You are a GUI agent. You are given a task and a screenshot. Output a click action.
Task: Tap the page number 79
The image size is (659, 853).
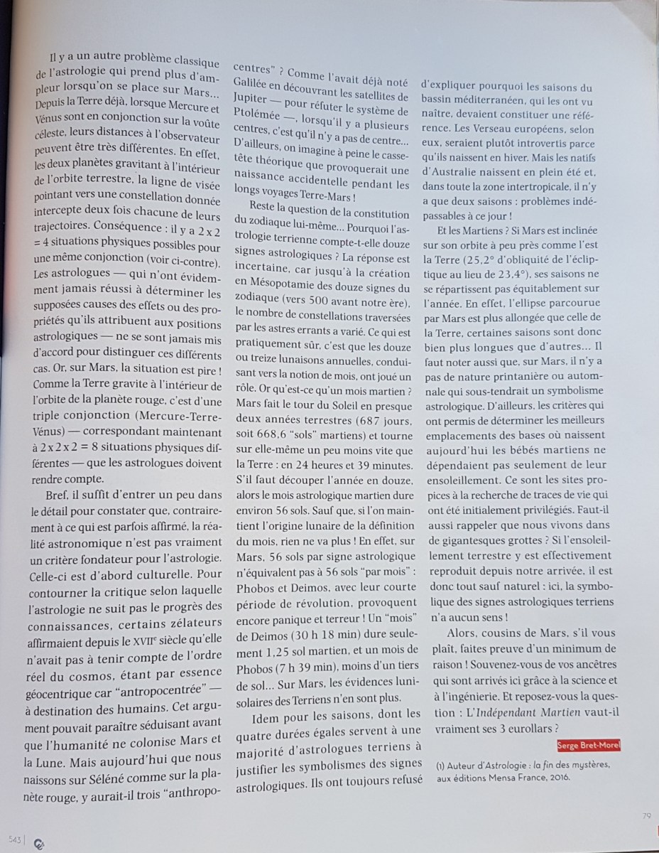(646, 815)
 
